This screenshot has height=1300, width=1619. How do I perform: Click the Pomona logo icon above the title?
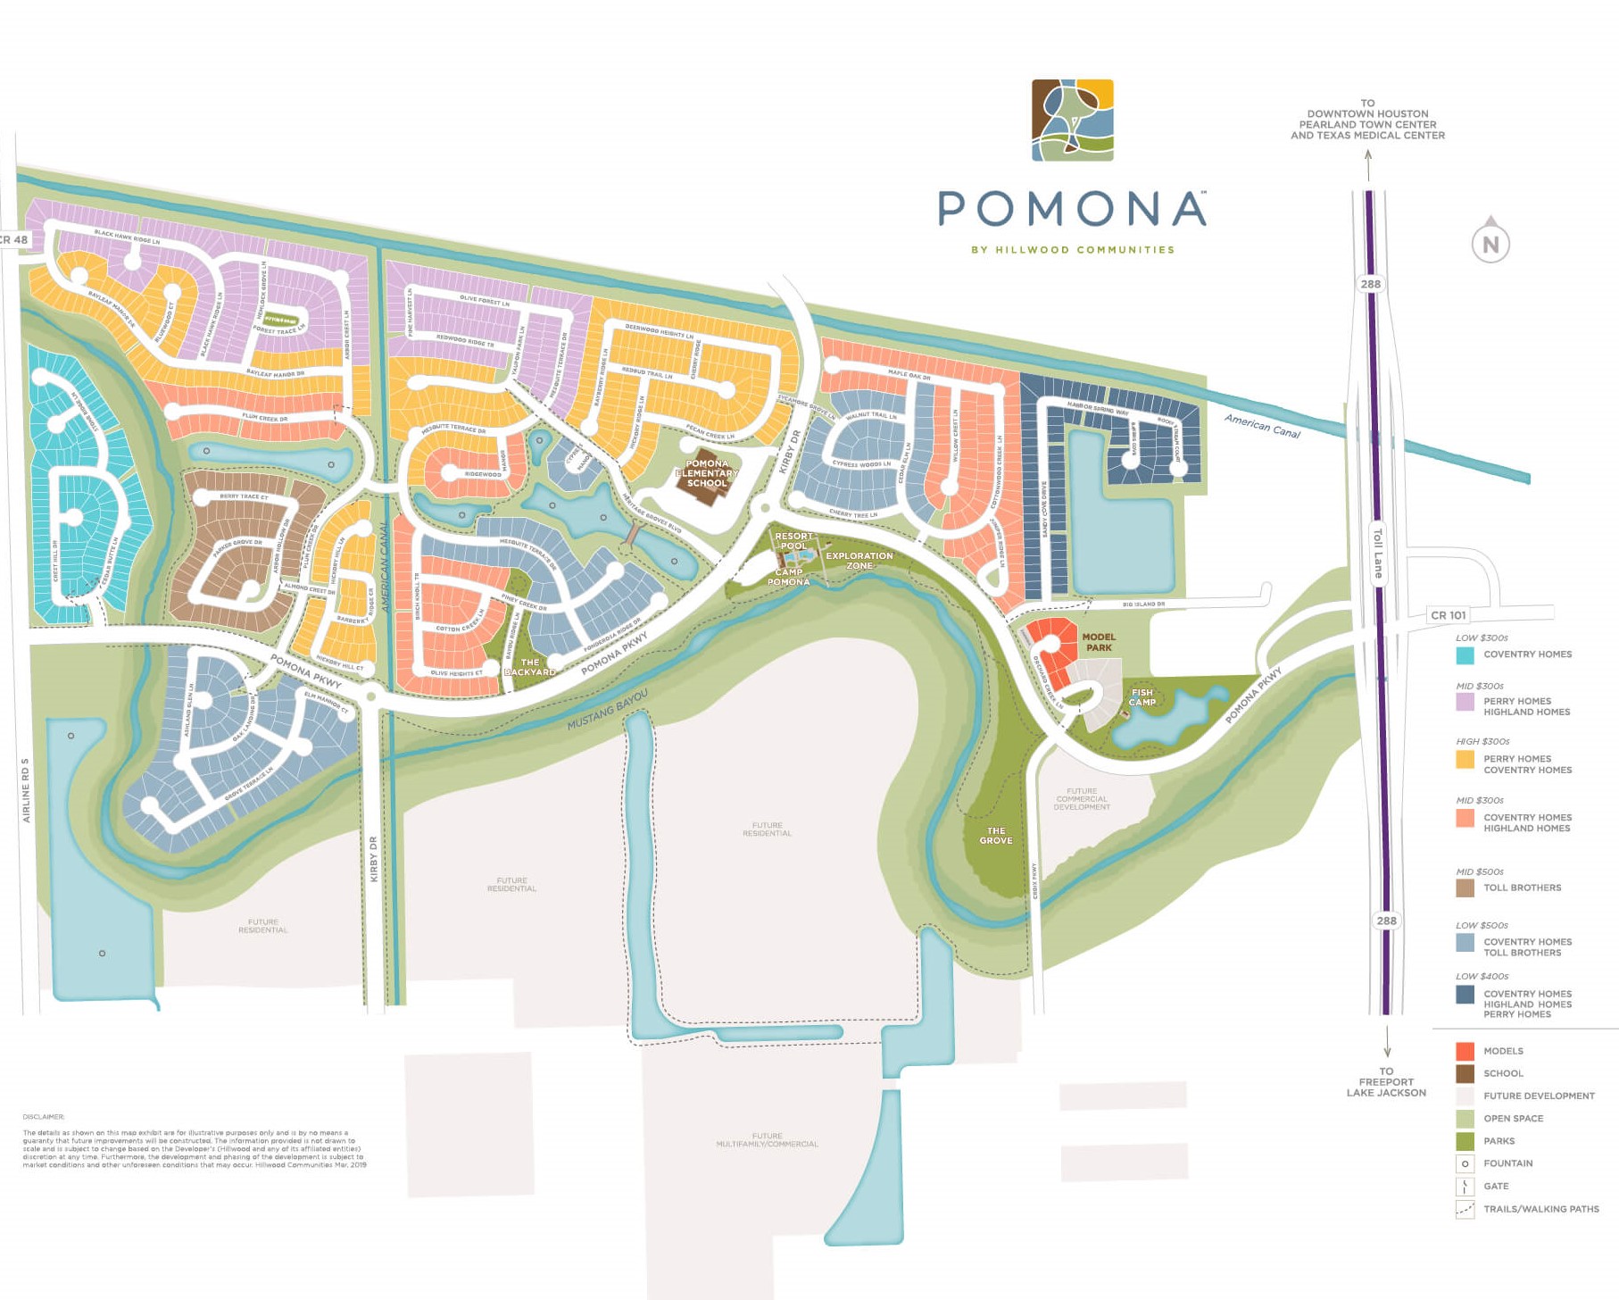(1072, 120)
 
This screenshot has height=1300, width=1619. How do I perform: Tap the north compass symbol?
(1490, 243)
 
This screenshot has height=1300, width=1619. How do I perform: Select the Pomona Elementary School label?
(707, 473)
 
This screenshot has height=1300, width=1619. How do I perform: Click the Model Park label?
(1099, 642)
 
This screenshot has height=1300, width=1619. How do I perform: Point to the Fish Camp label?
(1142, 696)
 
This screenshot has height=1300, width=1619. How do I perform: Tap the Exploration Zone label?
(859, 560)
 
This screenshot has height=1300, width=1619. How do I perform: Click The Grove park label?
(996, 835)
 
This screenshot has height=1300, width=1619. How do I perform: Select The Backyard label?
(530, 667)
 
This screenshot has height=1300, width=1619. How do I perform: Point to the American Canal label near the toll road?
(1262, 426)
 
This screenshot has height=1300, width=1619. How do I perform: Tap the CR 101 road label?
(1448, 615)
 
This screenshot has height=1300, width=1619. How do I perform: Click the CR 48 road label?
(13, 239)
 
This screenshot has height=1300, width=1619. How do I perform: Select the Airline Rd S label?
(26, 790)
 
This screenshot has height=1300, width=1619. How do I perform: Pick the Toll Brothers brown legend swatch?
(1465, 887)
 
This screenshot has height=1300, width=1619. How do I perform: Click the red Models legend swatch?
(1465, 1051)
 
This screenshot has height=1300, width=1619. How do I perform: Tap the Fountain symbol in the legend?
(1465, 1163)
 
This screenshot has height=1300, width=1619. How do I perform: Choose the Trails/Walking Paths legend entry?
(1540, 1209)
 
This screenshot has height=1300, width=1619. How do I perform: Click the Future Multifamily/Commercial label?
(767, 1139)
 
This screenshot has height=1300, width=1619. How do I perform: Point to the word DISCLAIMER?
(44, 1116)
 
